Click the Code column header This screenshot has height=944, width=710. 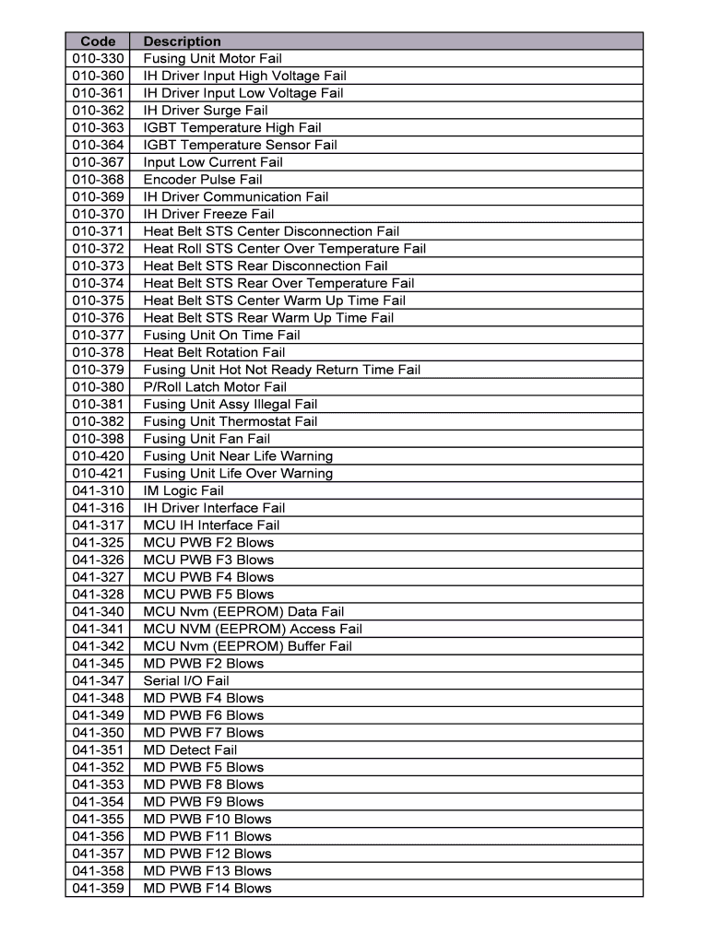98,41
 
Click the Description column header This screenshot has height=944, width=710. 183,41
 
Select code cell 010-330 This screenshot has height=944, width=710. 98,59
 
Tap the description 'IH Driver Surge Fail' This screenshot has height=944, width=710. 206,111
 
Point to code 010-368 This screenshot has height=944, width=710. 98,180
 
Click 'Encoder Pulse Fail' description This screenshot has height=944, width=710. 203,180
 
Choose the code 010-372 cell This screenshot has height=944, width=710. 98,249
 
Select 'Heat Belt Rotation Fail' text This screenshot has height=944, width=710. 214,352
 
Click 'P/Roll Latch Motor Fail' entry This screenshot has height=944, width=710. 215,387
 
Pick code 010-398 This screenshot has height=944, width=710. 98,439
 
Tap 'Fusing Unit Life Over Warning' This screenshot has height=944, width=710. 238,474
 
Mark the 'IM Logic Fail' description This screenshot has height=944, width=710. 183,490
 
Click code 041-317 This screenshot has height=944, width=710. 98,525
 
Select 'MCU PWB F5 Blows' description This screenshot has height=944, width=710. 208,595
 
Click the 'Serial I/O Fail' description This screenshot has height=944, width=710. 186,681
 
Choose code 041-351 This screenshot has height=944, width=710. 98,750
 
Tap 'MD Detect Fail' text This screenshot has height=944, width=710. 190,750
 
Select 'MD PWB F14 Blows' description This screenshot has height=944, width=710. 207,889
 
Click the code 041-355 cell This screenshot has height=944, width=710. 98,820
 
